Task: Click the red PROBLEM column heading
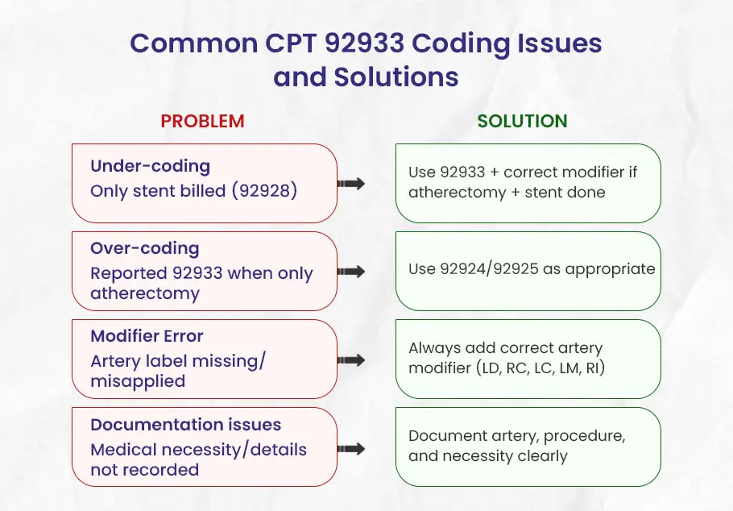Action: (202, 122)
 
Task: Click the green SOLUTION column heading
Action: (522, 122)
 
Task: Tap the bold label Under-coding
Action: (150, 166)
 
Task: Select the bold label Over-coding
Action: (144, 248)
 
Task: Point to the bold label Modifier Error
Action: (147, 336)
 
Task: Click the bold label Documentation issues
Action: (185, 424)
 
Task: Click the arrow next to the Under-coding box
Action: (350, 184)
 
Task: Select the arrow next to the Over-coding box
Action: (350, 272)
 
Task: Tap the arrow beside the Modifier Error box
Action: (350, 359)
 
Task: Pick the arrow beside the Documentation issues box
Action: (350, 447)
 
